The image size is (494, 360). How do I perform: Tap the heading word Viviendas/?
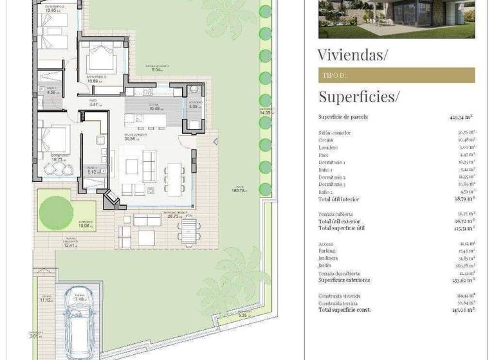click(352, 55)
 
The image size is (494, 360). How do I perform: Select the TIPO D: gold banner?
click(396, 75)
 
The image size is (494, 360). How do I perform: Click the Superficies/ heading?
click(358, 97)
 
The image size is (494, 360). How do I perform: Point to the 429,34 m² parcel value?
click(461, 118)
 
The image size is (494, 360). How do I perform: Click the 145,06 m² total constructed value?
click(462, 309)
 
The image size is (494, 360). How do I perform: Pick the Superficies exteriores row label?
click(344, 280)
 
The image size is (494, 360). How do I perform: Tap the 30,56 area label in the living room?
click(131, 138)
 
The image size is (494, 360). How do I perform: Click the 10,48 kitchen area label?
click(154, 109)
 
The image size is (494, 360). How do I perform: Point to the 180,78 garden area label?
click(239, 190)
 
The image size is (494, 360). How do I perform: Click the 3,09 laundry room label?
click(194, 106)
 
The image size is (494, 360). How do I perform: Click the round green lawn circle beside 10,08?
click(57, 209)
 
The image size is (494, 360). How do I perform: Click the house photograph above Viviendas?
click(396, 19)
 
